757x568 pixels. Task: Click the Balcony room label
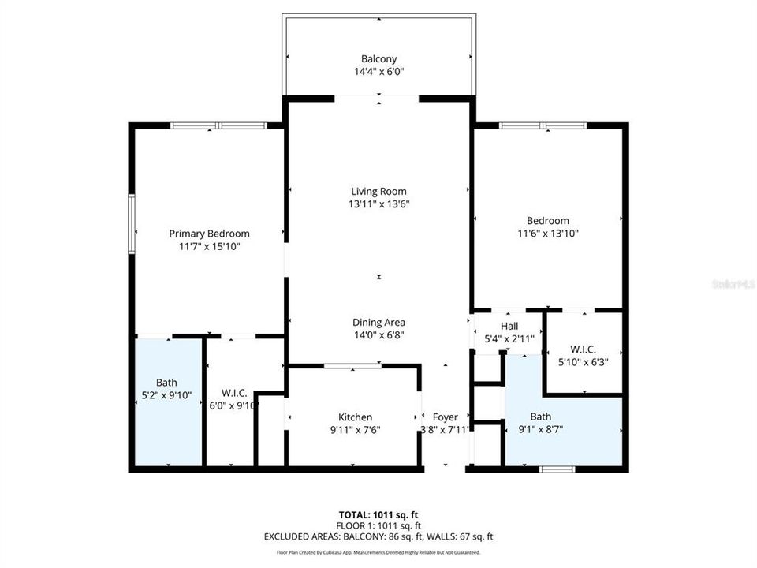click(x=378, y=59)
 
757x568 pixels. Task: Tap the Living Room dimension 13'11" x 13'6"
click(x=378, y=204)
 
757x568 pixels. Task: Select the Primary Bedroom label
click(x=209, y=234)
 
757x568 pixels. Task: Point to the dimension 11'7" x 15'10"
click(x=209, y=247)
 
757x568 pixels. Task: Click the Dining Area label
click(x=378, y=322)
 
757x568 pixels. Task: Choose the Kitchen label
click(x=355, y=417)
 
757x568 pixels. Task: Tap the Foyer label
click(x=446, y=417)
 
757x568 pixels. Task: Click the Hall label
click(x=509, y=326)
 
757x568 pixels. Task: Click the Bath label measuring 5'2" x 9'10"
click(x=166, y=382)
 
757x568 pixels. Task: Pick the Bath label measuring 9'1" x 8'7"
click(x=541, y=417)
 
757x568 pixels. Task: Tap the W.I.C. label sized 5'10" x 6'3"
click(x=583, y=349)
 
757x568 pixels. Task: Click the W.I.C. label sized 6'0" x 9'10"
click(x=234, y=392)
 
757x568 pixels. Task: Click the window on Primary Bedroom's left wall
click(x=132, y=224)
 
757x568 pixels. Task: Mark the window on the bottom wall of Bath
click(x=557, y=469)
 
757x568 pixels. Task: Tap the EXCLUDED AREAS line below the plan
click(x=378, y=537)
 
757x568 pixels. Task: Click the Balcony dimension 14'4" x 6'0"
click(x=378, y=72)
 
